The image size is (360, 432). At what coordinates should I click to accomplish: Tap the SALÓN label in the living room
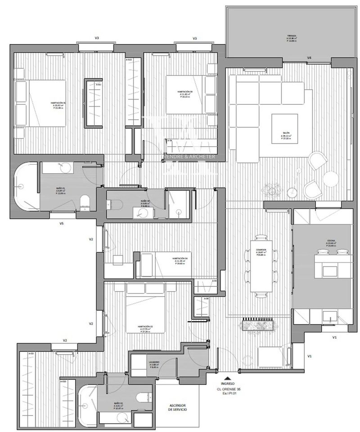pyautogui.click(x=286, y=134)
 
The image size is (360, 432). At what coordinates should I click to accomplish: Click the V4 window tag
pyautogui.click(x=310, y=58)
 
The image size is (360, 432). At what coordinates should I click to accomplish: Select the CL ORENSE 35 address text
pyautogui.click(x=228, y=389)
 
